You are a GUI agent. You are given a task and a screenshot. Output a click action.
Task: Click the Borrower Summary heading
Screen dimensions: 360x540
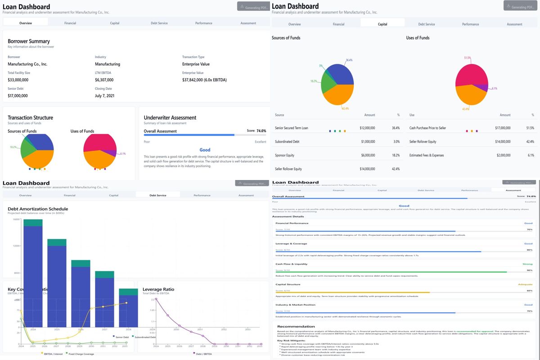[29, 41]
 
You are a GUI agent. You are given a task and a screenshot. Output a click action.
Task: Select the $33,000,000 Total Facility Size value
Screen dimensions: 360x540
[18, 80]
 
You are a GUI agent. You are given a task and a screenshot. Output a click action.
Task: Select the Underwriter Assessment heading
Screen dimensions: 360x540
[170, 117]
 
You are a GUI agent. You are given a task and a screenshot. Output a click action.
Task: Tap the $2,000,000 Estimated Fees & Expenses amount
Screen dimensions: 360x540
[503, 155]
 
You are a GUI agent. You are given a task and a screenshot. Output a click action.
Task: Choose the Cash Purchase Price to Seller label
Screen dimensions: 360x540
[427, 128]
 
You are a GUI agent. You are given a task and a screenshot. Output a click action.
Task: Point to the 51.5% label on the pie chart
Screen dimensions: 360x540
[467, 58]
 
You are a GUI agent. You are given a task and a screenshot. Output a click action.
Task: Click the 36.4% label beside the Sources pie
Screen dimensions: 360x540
[349, 60]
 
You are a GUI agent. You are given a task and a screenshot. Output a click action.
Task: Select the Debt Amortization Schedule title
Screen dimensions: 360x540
[38, 209]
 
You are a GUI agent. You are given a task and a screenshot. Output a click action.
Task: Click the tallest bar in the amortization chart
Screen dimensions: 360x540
[33, 274]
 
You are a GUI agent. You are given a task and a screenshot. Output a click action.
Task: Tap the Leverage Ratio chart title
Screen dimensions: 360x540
[158, 289]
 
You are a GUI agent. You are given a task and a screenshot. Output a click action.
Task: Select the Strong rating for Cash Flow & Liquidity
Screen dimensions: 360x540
[527, 264]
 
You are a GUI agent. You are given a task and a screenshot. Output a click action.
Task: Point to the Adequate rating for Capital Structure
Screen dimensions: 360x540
[525, 284]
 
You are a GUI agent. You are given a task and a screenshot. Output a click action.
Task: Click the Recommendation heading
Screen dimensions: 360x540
[296, 326]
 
